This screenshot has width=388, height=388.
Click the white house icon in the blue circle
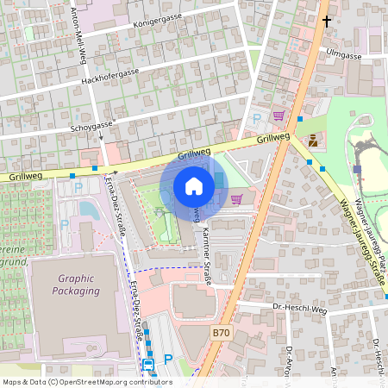(194, 186)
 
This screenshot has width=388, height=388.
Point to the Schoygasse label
(91, 125)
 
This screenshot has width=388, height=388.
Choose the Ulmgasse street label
(346, 54)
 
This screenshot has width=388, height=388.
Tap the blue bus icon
(148, 365)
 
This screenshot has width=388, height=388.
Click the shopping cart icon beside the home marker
(236, 199)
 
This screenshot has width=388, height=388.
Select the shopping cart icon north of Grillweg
(278, 115)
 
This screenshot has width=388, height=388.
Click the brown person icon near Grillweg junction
(311, 139)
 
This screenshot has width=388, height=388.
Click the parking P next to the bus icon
(168, 359)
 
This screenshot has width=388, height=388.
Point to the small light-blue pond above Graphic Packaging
(86, 208)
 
